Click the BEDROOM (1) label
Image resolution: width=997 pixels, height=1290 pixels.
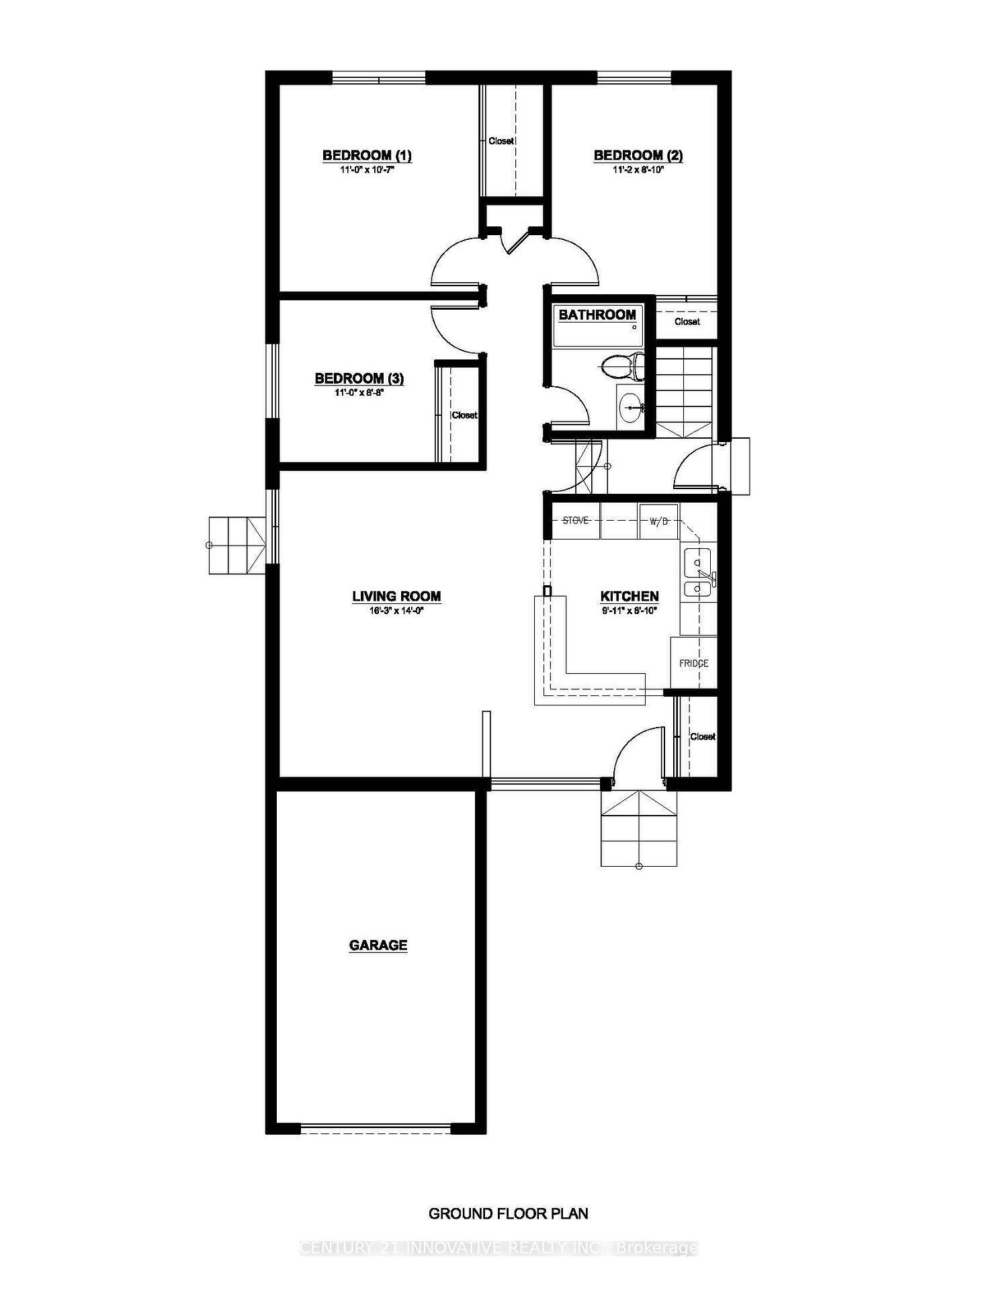[x=367, y=156]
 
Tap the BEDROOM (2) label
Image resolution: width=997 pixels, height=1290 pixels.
[x=638, y=156]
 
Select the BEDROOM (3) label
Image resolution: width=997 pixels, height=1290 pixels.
[x=359, y=379]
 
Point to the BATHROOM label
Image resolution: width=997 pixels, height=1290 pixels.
[x=597, y=314]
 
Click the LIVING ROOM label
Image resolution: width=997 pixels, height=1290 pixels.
[x=396, y=596]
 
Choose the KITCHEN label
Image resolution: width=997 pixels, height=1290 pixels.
[x=629, y=596]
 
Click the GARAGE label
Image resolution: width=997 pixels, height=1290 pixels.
[x=378, y=945]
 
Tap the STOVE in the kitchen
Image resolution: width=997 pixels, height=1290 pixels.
[x=575, y=521]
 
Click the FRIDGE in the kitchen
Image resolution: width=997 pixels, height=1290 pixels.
[x=693, y=663]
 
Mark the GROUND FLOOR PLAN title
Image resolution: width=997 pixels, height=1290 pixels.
[x=508, y=1213]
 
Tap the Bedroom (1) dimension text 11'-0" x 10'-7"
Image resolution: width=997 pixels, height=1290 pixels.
[x=367, y=171]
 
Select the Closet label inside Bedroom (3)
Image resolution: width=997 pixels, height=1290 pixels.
[x=464, y=415]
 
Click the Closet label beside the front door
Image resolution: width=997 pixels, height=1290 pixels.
[x=703, y=737]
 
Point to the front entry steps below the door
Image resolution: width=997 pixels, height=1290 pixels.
[x=638, y=830]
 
